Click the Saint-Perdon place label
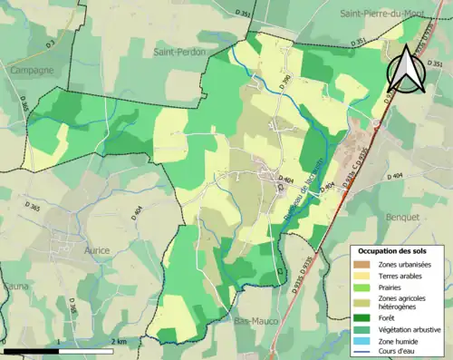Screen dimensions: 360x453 180,53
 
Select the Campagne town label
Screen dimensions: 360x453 32,70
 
